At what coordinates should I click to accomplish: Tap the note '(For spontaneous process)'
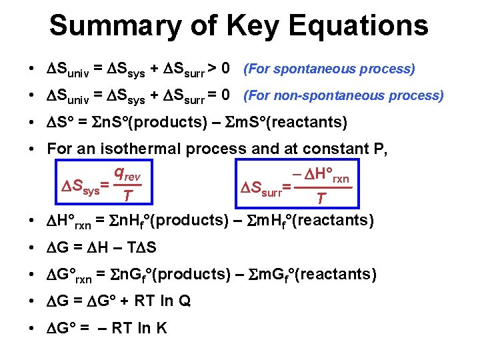[x=329, y=69]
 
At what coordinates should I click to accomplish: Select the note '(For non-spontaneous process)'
[x=343, y=95]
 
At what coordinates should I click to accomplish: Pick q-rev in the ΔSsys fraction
[x=127, y=173]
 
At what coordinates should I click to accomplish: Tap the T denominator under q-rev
[x=127, y=195]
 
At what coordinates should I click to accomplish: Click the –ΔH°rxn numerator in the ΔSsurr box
[x=323, y=175]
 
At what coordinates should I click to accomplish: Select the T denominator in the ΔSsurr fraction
[x=321, y=198]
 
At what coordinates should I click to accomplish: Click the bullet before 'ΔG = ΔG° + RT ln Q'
[x=31, y=301]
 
